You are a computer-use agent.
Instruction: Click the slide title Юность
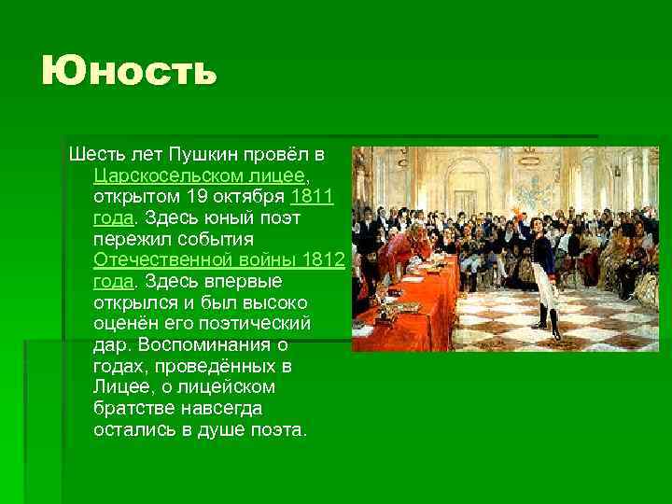(x=130, y=72)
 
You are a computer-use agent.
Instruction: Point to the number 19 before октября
(x=193, y=196)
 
